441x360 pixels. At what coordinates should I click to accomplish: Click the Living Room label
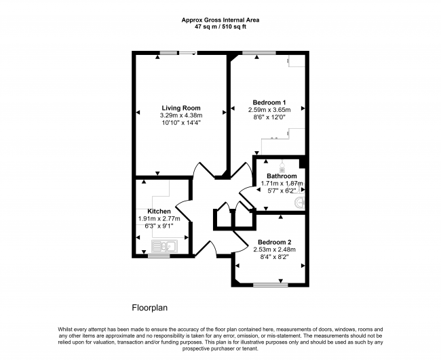coord(181,108)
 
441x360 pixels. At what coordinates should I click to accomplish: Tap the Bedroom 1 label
coord(269,102)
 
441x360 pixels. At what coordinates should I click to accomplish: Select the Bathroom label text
coord(282,176)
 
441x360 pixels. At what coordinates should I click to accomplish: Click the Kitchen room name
coord(159,212)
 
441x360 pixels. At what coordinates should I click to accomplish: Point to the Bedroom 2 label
coord(275,242)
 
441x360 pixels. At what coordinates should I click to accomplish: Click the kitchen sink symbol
coord(165,246)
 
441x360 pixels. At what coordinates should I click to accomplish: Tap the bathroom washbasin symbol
coord(299,203)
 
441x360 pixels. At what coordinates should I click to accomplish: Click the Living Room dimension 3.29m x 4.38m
coord(181,115)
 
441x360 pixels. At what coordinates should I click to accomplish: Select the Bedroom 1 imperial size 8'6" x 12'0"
coord(269,117)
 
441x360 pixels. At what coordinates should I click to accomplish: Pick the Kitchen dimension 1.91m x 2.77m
coord(159,218)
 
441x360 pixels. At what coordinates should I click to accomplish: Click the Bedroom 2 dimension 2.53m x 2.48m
coord(275,249)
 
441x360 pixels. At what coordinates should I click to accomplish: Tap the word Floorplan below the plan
coord(150,308)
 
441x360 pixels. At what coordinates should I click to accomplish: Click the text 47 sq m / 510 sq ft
coord(220,27)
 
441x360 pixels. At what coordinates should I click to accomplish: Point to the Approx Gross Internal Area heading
coord(220,20)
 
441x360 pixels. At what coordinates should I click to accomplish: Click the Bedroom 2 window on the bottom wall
coord(271,285)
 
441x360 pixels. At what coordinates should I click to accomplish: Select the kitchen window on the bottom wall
coord(159,256)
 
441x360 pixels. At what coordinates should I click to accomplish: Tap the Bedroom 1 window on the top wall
coord(259,53)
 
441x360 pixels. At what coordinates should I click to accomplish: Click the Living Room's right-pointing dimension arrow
coord(225,113)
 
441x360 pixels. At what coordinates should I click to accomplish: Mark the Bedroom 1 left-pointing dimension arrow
coord(233,108)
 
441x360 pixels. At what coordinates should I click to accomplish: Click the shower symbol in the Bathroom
coord(282,167)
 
